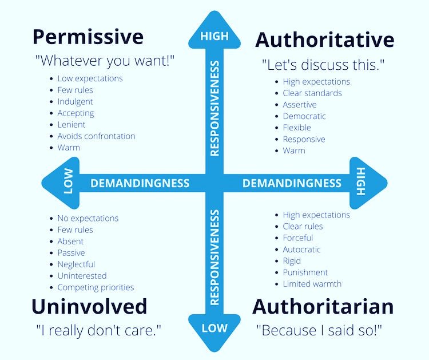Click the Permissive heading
(88, 37)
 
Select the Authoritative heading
(324, 40)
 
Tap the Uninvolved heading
(89, 306)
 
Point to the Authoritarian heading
(323, 306)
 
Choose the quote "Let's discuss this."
(322, 65)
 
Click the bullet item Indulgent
(75, 101)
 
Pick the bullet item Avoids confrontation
(96, 136)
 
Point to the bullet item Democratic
(304, 116)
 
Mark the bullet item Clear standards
(312, 93)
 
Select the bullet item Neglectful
(76, 264)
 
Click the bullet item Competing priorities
(96, 287)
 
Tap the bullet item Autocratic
(301, 250)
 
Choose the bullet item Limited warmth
(312, 284)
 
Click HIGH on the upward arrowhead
(214, 37)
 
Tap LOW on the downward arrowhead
(214, 329)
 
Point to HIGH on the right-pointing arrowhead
(360, 183)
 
